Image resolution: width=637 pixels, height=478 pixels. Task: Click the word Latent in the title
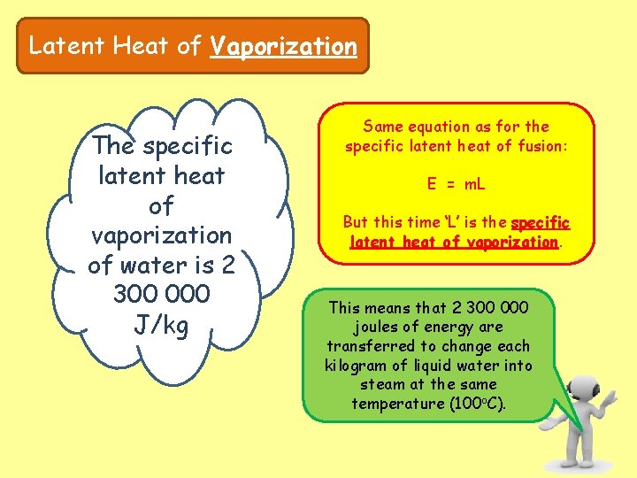tap(59, 46)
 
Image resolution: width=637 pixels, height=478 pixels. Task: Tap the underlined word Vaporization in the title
tap(283, 46)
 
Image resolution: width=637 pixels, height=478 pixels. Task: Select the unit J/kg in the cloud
tap(161, 326)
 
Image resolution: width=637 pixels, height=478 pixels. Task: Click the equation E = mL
tap(457, 184)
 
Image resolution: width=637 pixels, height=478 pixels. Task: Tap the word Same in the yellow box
tap(382, 127)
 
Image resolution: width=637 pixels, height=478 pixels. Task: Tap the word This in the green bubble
tap(345, 307)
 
